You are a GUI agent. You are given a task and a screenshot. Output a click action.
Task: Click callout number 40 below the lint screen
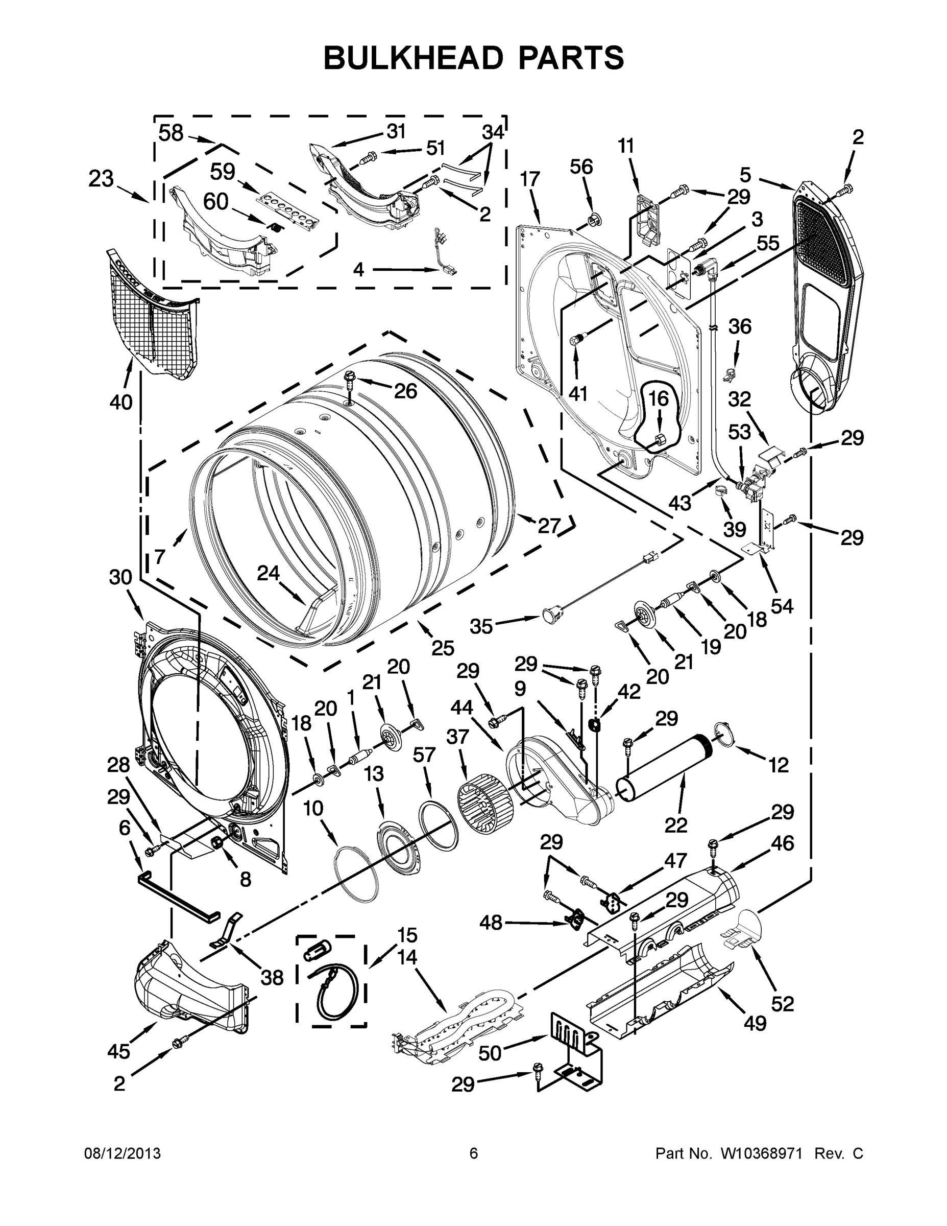[x=121, y=402]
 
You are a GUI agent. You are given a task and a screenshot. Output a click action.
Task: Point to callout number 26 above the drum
[x=405, y=391]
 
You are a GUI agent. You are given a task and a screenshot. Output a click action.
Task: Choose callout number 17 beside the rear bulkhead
[x=529, y=180]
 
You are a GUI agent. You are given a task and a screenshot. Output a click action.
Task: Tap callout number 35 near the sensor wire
[x=481, y=626]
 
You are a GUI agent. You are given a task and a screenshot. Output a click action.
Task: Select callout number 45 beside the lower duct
[x=119, y=1051]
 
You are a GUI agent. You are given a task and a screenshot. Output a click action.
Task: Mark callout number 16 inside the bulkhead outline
[x=659, y=399]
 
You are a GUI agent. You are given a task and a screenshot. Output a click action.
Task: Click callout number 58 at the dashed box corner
[x=171, y=133]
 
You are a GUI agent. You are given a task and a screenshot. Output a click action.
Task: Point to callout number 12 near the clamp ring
[x=778, y=765]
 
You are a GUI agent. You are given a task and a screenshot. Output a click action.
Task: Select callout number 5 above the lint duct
[x=745, y=175]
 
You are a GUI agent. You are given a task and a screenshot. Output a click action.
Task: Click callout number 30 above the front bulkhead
[x=120, y=577]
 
